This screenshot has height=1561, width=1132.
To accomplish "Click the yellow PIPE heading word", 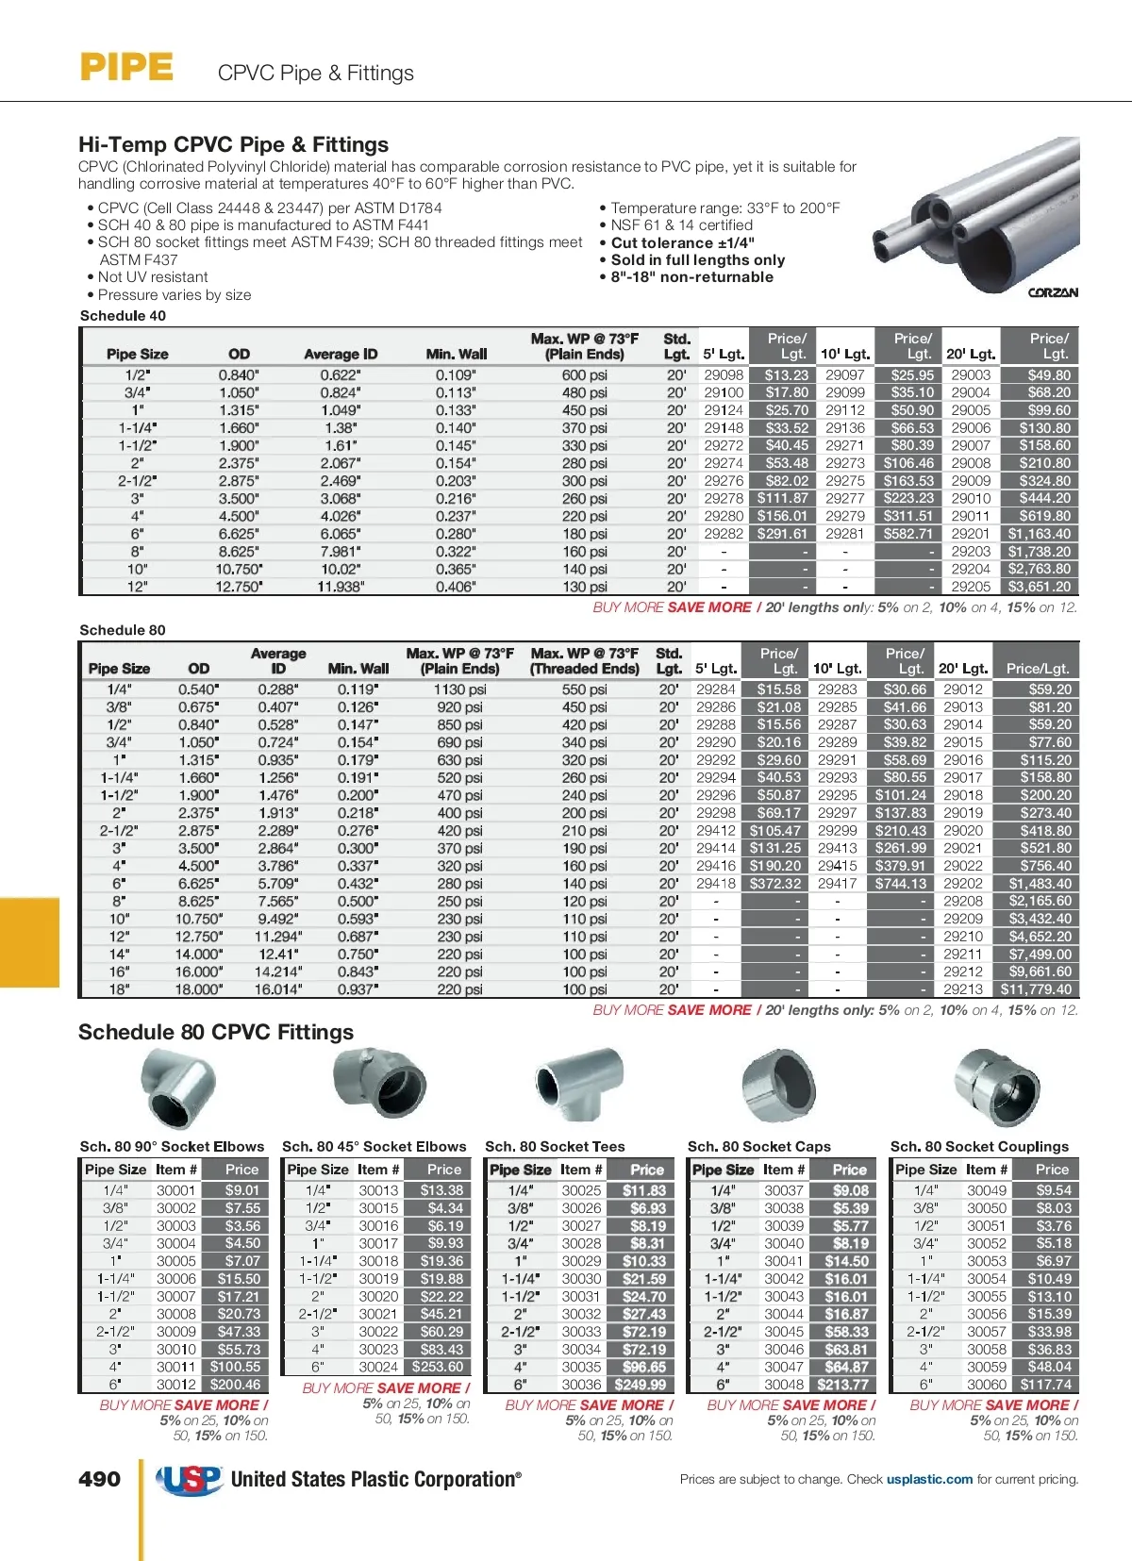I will [126, 67].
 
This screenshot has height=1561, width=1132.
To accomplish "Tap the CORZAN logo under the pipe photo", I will [1053, 292].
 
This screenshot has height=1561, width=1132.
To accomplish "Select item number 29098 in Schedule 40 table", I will [724, 374].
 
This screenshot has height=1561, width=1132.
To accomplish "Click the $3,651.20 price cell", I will [1039, 587].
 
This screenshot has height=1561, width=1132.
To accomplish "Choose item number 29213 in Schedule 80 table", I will [962, 989].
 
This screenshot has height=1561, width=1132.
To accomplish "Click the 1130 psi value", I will [459, 689].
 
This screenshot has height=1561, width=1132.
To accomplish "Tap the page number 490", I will [99, 1479].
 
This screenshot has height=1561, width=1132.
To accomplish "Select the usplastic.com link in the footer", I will [929, 1479].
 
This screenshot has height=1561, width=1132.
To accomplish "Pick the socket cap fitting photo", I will [778, 1087].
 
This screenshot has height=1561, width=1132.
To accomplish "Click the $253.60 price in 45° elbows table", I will [438, 1367].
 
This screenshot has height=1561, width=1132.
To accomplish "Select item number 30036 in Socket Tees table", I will [581, 1385].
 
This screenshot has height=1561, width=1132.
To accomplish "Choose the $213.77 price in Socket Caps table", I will [843, 1385].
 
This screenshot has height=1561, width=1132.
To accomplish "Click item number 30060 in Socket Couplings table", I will [987, 1385].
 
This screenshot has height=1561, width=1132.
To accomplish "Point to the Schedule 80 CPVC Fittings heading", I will [216, 1032].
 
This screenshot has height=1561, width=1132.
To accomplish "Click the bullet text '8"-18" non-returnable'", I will [691, 277].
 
